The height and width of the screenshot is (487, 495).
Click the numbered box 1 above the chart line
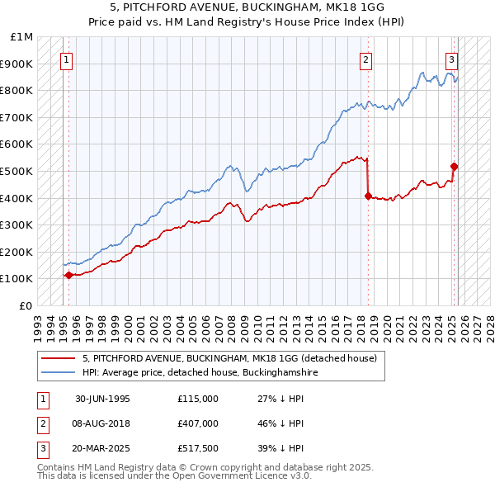click(65, 59)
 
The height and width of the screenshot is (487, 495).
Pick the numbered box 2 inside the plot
click(365, 59)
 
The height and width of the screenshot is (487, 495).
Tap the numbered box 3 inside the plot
click(452, 59)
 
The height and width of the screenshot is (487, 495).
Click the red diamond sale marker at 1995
click(68, 275)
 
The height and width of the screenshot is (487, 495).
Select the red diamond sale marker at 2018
click(368, 196)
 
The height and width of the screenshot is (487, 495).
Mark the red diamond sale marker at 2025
click(454, 167)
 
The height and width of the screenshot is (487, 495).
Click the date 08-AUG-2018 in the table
click(102, 423)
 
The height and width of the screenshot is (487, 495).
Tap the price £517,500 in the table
click(197, 448)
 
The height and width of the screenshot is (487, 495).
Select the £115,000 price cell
click(197, 399)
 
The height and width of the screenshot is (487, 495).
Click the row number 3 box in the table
click(40, 448)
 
